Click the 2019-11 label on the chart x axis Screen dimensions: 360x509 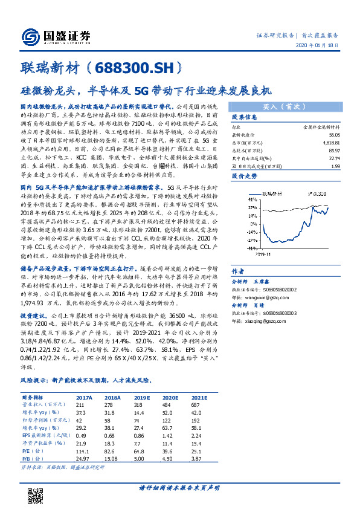[265, 254]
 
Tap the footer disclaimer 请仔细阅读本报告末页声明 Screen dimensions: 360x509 [179, 488]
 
